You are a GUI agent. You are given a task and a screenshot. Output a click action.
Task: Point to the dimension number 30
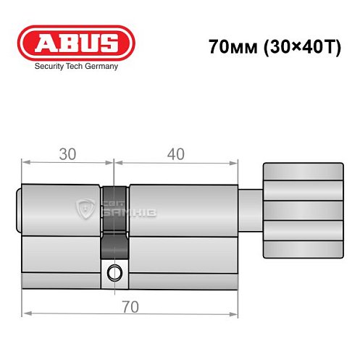[68, 153]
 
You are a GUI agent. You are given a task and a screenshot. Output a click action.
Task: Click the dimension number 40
[176, 153]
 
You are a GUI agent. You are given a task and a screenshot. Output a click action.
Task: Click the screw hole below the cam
[114, 272]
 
